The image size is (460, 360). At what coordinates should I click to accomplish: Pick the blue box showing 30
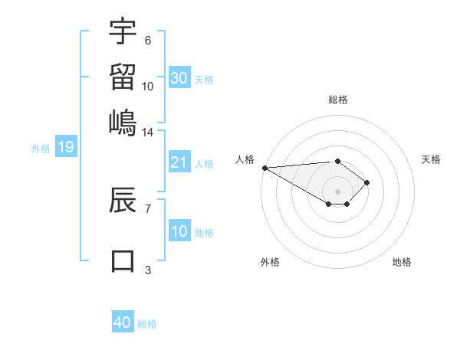coord(179,78)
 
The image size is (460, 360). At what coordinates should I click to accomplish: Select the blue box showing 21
coord(179,162)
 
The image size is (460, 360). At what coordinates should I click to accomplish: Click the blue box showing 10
coord(179,231)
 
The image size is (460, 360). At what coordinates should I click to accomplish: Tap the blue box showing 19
coord(66,147)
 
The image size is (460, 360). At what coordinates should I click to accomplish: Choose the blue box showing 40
coord(123,322)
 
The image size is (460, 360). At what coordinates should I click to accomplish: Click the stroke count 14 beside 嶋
coord(147,133)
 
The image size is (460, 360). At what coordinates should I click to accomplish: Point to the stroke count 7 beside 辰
coord(148,208)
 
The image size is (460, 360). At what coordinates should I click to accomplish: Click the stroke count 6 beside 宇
coord(148,41)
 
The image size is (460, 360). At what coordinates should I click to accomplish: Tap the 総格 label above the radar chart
coord(338,100)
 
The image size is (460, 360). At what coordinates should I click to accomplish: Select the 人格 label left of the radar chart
coord(245,159)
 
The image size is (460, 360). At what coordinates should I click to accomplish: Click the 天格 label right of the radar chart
coord(431,159)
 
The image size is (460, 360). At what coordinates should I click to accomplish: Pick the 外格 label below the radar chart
coord(270,262)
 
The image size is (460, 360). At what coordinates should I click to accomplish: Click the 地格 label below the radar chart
coord(402,262)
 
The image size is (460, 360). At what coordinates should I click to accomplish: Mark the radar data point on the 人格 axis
coord(264,167)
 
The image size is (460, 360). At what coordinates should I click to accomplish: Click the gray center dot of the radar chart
coord(338,191)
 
